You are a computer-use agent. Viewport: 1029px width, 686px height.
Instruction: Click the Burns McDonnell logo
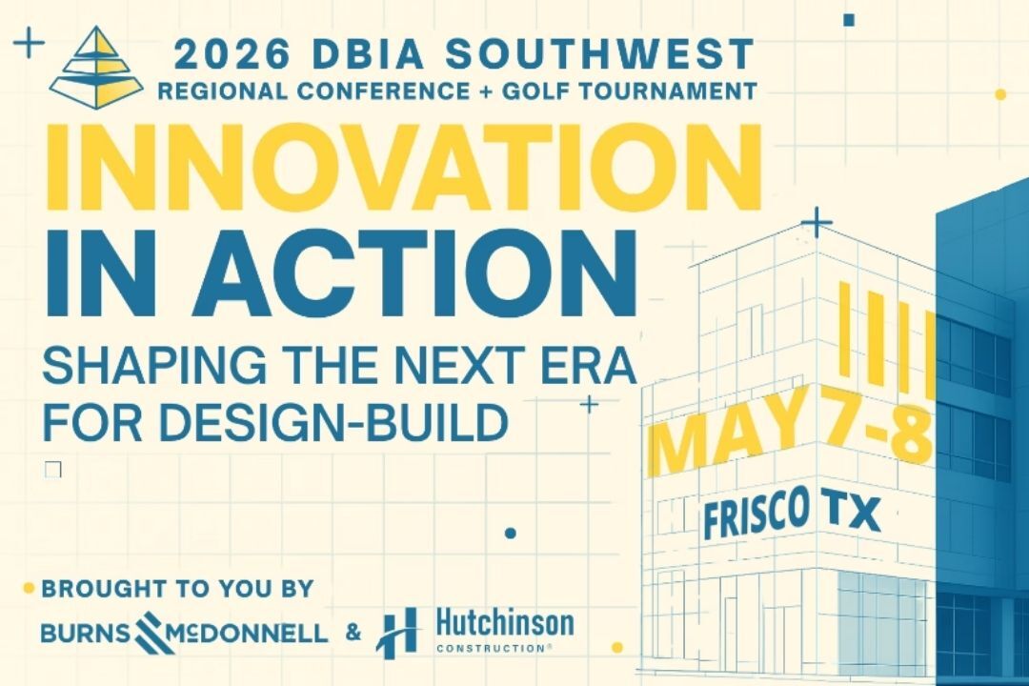(185, 631)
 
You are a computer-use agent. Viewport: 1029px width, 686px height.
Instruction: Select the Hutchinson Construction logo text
(504, 631)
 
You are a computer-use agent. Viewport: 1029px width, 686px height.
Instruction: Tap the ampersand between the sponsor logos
(353, 631)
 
